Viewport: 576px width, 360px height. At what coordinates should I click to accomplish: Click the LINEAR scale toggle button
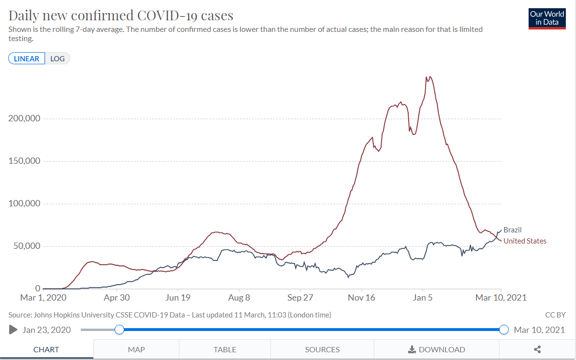pyautogui.click(x=27, y=58)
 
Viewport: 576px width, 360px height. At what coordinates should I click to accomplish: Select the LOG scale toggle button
pyautogui.click(x=58, y=58)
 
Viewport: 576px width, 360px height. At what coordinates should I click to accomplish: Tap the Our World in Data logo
pyautogui.click(x=547, y=18)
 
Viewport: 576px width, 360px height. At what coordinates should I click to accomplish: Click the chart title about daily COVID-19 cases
pyautogui.click(x=121, y=15)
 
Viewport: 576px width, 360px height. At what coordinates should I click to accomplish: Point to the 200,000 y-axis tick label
pyautogui.click(x=24, y=118)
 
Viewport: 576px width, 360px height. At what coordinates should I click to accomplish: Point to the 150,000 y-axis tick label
pyautogui.click(x=24, y=161)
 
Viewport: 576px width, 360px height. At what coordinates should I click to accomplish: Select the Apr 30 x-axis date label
pyautogui.click(x=117, y=298)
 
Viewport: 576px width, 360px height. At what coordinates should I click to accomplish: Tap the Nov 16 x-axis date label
pyautogui.click(x=362, y=298)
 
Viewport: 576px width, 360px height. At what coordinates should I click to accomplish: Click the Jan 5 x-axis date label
pyautogui.click(x=423, y=298)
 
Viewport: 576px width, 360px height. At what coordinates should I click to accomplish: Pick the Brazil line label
pyautogui.click(x=513, y=230)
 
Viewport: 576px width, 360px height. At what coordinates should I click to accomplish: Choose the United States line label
pyautogui.click(x=525, y=241)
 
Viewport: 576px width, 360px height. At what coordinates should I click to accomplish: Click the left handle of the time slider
pyautogui.click(x=119, y=330)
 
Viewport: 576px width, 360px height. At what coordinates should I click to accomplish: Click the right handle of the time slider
pyautogui.click(x=503, y=330)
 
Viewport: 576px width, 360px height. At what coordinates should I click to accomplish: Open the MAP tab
pyautogui.click(x=136, y=349)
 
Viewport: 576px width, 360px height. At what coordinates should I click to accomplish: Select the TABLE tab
pyautogui.click(x=225, y=349)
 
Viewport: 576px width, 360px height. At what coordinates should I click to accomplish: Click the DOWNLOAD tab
pyautogui.click(x=437, y=349)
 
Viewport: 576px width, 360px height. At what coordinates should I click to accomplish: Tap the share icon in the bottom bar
pyautogui.click(x=537, y=349)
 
